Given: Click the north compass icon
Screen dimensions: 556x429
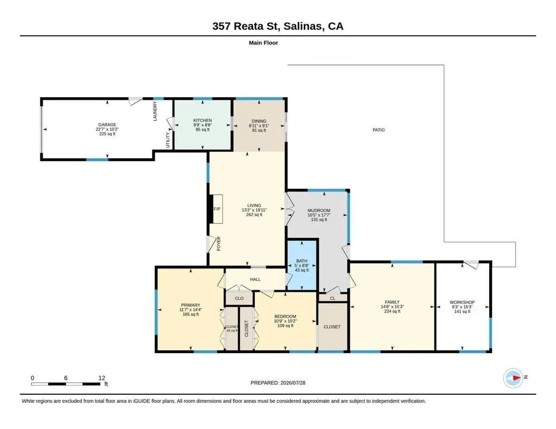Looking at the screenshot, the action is pyautogui.click(x=513, y=377).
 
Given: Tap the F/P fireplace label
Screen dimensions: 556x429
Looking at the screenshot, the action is pyautogui.click(x=217, y=209).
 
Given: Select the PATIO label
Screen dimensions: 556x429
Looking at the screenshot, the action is pyautogui.click(x=378, y=130).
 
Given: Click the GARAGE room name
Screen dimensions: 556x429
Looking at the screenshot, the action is pyautogui.click(x=107, y=125).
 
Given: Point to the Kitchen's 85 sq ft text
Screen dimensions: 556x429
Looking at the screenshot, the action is pyautogui.click(x=203, y=130).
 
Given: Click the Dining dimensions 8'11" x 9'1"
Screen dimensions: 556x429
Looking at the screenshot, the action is pyautogui.click(x=259, y=125).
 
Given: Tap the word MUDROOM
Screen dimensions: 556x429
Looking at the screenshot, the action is pyautogui.click(x=319, y=210).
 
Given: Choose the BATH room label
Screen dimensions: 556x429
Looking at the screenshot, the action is pyautogui.click(x=302, y=261).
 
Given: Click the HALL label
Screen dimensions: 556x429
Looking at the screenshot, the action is pyautogui.click(x=255, y=279).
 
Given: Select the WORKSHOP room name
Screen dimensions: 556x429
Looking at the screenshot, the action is pyautogui.click(x=462, y=302).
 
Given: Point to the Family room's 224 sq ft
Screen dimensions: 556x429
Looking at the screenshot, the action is pyautogui.click(x=392, y=311).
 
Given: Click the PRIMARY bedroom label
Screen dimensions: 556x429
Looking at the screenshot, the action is pyautogui.click(x=191, y=305).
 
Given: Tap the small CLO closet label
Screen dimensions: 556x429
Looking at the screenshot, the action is pyautogui.click(x=239, y=298).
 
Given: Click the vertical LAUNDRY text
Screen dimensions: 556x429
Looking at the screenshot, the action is pyautogui.click(x=155, y=111).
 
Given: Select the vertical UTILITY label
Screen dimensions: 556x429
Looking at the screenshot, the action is pyautogui.click(x=168, y=140).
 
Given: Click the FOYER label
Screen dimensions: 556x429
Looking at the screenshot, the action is pyautogui.click(x=219, y=244).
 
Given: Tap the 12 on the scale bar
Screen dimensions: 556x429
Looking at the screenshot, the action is pyautogui.click(x=102, y=378).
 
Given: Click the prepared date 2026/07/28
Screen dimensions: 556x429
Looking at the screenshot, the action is pyautogui.click(x=293, y=382).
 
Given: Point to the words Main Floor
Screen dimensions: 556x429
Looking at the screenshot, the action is pyautogui.click(x=263, y=43).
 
